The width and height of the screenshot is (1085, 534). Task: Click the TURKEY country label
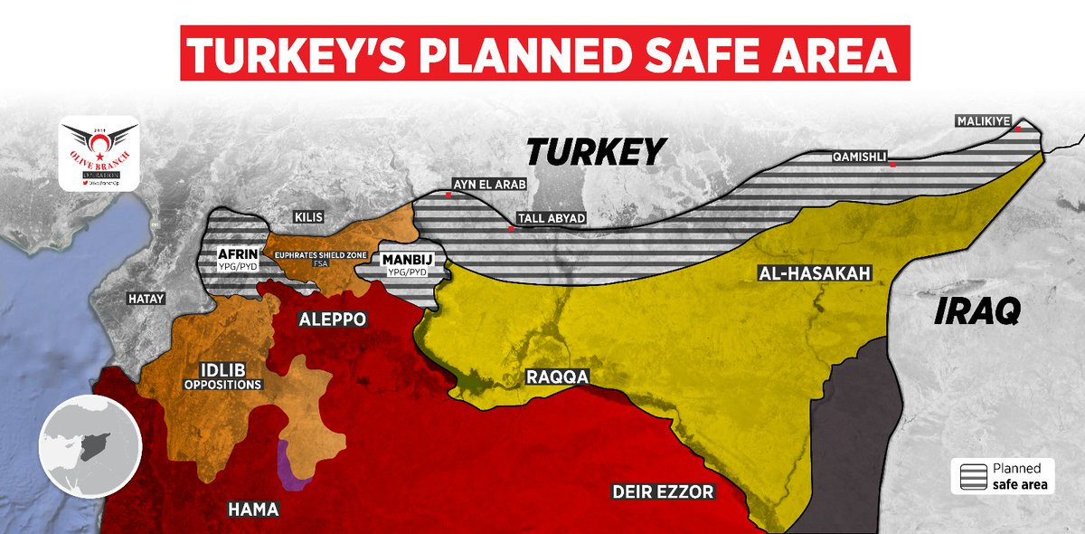pyautogui.click(x=597, y=151)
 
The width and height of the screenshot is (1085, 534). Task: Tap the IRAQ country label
pyautogui.click(x=976, y=311)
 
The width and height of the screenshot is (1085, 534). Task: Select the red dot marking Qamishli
pyautogui.click(x=892, y=165)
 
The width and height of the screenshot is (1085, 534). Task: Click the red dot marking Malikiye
pyautogui.click(x=1018, y=129)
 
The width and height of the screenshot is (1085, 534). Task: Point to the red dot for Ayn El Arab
pyautogui.click(x=449, y=195)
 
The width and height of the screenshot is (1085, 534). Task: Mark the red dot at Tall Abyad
pyautogui.click(x=512, y=229)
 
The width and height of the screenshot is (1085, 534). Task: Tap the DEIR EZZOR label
pyautogui.click(x=662, y=492)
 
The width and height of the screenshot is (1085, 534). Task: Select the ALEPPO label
pyautogui.click(x=332, y=319)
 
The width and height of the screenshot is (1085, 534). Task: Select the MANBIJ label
pyautogui.click(x=406, y=258)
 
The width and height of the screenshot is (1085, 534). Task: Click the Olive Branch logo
pyautogui.click(x=99, y=156)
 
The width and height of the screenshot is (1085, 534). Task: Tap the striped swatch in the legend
pyautogui.click(x=971, y=477)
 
